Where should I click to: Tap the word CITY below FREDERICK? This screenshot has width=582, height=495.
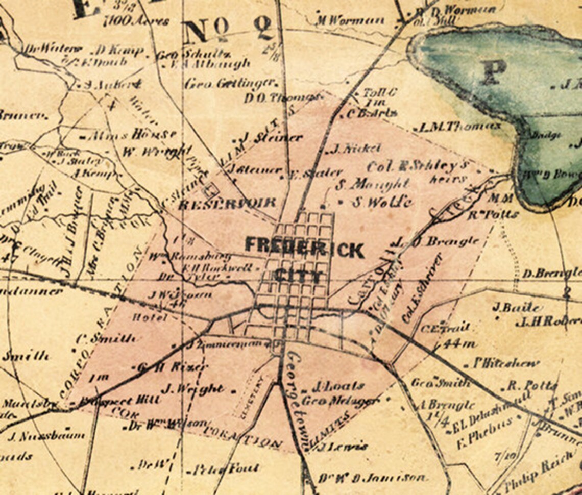tap(299, 276)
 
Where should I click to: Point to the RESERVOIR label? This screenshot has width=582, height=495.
tap(227, 204)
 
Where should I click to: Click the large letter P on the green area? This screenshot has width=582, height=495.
tap(492, 72)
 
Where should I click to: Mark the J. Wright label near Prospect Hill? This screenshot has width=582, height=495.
tap(192, 389)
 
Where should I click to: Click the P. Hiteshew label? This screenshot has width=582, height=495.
tap(505, 363)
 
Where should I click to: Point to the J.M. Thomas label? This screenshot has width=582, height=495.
tap(459, 127)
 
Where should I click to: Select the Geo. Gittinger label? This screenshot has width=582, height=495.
tap(231, 83)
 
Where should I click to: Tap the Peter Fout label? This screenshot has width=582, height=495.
tap(222, 468)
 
